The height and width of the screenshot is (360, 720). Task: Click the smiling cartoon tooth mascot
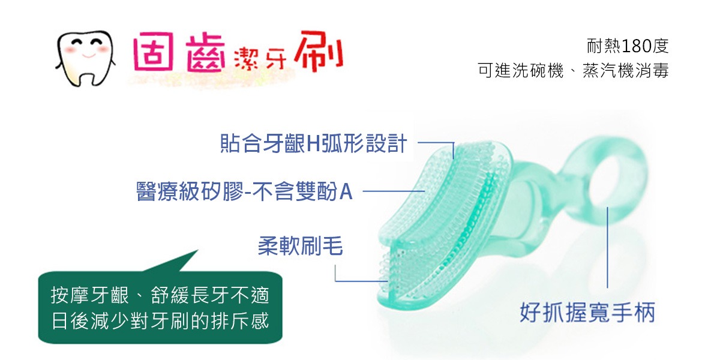click(x=85, y=59)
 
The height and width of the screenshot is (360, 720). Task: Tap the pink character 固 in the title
click(x=154, y=52)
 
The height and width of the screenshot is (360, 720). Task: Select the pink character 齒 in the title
click(x=206, y=53)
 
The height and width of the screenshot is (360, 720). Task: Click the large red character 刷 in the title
click(x=319, y=51)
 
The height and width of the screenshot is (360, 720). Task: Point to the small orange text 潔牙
click(x=260, y=59)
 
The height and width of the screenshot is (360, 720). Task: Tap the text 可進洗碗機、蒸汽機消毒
click(x=573, y=70)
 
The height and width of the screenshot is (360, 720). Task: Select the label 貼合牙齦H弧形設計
click(x=314, y=143)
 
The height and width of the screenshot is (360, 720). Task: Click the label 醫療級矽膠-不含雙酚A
click(x=244, y=191)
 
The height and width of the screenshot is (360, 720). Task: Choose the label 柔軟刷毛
click(x=301, y=246)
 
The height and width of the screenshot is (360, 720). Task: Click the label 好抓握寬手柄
click(x=587, y=313)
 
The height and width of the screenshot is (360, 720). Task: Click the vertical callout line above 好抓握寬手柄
click(x=607, y=247)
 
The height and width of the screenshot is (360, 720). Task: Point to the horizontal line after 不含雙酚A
click(x=394, y=191)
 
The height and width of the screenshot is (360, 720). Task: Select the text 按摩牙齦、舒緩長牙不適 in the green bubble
click(x=160, y=295)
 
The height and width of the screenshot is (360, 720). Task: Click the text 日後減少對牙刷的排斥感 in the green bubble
click(x=160, y=321)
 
